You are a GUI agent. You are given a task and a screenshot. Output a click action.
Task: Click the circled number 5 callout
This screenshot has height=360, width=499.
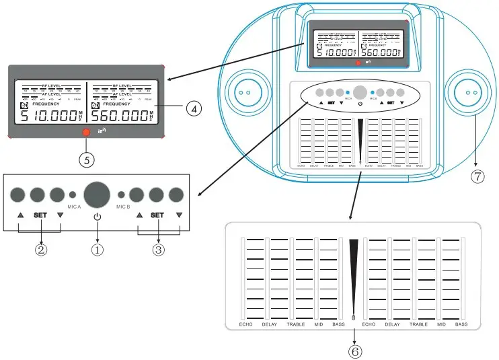tap(85, 159)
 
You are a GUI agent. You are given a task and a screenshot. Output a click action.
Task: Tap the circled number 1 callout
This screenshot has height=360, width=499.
tap(98, 248)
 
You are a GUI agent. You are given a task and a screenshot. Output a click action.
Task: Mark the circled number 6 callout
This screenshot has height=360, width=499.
tap(354, 351)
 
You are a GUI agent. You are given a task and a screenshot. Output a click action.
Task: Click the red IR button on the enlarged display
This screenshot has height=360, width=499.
tap(85, 133)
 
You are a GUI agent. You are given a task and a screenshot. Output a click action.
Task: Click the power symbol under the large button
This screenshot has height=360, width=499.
tap(98, 216)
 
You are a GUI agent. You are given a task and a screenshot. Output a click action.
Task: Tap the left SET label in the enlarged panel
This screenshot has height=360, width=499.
tap(42, 216)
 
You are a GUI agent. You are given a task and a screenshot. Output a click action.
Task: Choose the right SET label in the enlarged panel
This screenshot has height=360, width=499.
tap(158, 216)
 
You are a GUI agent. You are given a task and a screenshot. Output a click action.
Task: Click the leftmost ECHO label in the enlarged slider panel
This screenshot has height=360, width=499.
tap(245, 325)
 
